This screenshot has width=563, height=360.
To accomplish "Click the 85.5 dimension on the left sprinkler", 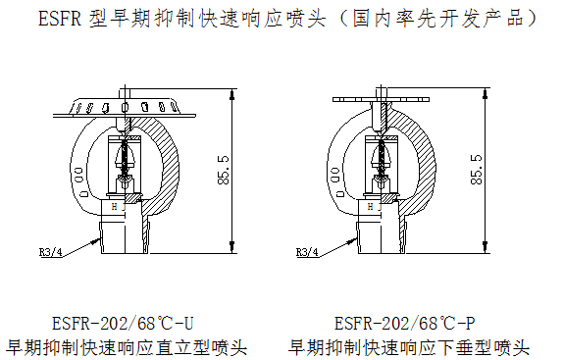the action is [224, 170].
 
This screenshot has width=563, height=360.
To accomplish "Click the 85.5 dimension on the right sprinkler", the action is [476, 170].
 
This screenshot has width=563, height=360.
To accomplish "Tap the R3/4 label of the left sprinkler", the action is [51, 252].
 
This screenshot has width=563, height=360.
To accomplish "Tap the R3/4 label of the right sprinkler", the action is [307, 252].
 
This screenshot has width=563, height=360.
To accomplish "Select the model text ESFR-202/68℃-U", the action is [123, 324].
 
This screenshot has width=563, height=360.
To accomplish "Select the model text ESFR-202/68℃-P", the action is [405, 324].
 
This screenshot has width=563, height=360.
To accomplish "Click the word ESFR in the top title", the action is [60, 18].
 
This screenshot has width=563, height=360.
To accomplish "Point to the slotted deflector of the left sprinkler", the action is [125, 107].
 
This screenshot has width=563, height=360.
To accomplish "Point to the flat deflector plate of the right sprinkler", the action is [381, 99].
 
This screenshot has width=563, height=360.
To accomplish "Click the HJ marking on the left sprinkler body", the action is [119, 207].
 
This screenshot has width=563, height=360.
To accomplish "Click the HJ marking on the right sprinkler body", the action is [375, 207].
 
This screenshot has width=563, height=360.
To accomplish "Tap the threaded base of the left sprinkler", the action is [125, 237].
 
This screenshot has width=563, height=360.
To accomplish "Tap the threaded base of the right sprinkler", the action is [382, 237].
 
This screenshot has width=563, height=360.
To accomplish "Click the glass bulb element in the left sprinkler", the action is [125, 158].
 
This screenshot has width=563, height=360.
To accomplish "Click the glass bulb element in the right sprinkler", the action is [382, 158].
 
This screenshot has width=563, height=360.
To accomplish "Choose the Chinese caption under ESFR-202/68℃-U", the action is [127, 347].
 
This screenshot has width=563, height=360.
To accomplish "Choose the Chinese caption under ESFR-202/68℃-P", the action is [409, 347].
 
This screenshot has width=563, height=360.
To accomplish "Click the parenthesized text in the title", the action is [436, 18].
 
